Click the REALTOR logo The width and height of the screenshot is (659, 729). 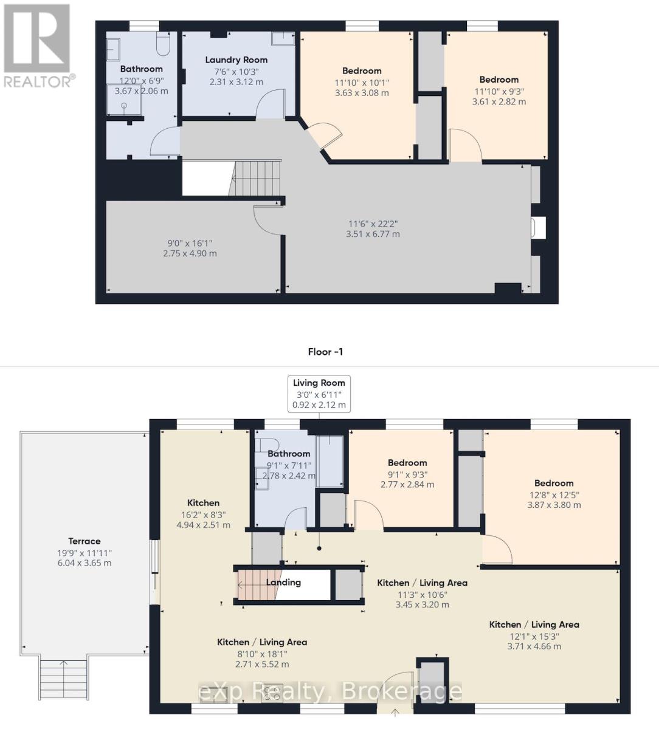[38, 46]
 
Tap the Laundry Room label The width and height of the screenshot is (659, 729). [236, 60]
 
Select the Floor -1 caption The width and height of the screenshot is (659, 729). [325, 351]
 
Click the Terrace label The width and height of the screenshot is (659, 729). [84, 541]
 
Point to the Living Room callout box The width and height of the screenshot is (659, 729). [319, 394]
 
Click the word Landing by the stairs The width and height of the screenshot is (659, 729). [283, 582]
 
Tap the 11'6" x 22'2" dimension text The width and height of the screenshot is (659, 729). [373, 224]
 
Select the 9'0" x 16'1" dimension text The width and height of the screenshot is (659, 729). [190, 243]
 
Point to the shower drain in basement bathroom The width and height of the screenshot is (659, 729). [125, 105]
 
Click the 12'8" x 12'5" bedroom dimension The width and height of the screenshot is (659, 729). [554, 495]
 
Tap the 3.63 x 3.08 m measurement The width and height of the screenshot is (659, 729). [362, 93]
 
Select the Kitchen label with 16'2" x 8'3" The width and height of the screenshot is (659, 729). [203, 503]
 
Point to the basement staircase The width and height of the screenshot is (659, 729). [255, 179]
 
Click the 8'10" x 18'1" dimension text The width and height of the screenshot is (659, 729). [261, 654]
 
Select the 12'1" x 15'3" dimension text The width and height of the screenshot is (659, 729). [534, 636]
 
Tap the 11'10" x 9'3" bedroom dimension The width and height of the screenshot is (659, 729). [499, 92]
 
